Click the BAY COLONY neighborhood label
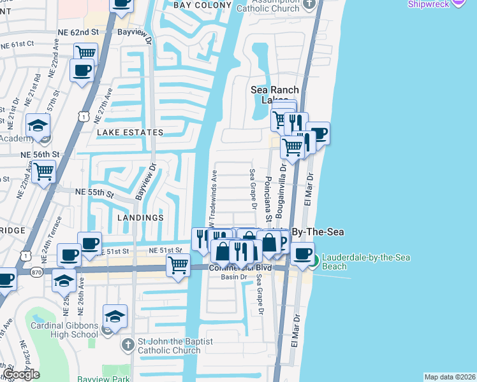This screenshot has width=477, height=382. click(x=202, y=5)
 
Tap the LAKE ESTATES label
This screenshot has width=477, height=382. click(x=129, y=132)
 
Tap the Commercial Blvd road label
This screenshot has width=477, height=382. click(x=240, y=268)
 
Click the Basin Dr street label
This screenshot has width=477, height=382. click(x=233, y=277)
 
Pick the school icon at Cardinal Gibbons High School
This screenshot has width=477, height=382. click(x=114, y=317)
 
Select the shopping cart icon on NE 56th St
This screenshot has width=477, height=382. click(x=43, y=171)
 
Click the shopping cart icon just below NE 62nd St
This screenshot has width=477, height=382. click(x=85, y=53)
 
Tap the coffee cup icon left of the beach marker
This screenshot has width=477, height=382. click(x=302, y=252)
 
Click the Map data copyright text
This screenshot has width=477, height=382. click(x=449, y=377)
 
